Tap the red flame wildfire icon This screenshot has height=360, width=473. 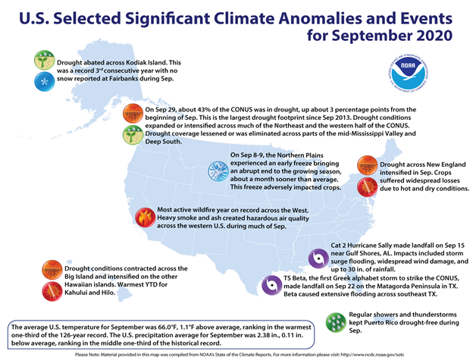coord(143,219)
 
